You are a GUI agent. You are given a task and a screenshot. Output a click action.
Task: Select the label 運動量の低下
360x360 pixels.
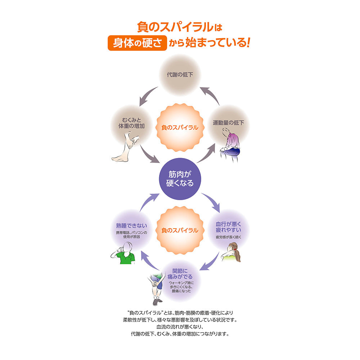click(x=228, y=123)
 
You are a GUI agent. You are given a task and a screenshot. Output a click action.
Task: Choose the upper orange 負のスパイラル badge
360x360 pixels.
click(x=180, y=127)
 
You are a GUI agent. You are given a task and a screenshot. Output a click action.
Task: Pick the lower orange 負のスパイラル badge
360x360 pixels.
click(x=180, y=230)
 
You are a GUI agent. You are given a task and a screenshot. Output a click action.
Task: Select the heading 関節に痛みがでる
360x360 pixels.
click(x=180, y=274)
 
